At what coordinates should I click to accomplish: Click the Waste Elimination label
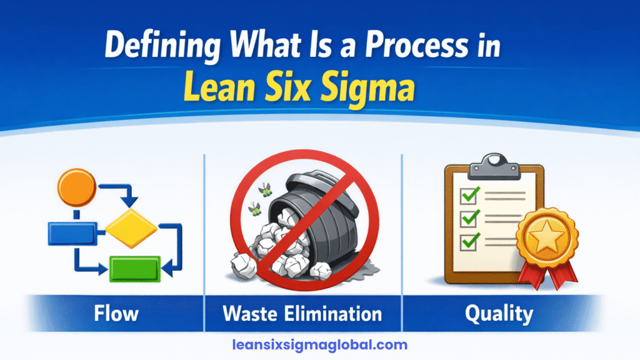[302, 312]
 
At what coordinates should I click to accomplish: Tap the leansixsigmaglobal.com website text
[319, 344]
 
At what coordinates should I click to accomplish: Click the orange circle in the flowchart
[76, 186]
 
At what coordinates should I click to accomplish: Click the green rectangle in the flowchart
[135, 269]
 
